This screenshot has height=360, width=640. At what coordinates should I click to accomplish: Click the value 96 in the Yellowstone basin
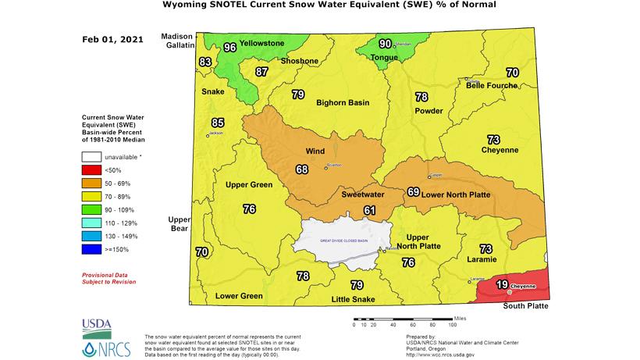[229, 48]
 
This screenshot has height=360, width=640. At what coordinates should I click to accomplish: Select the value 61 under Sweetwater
[369, 210]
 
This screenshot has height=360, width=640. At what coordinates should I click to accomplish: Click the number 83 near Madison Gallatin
[205, 62]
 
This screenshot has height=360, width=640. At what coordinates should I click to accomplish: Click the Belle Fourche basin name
[492, 85]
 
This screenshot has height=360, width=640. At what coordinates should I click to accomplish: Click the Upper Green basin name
[248, 185]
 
